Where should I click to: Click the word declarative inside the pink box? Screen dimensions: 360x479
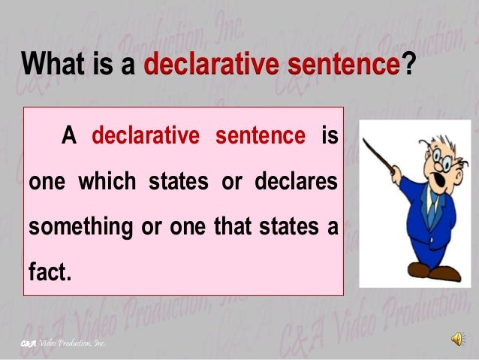(x=146, y=138)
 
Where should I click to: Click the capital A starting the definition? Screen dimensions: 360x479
(x=69, y=138)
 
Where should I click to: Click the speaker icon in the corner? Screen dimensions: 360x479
(x=456, y=340)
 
